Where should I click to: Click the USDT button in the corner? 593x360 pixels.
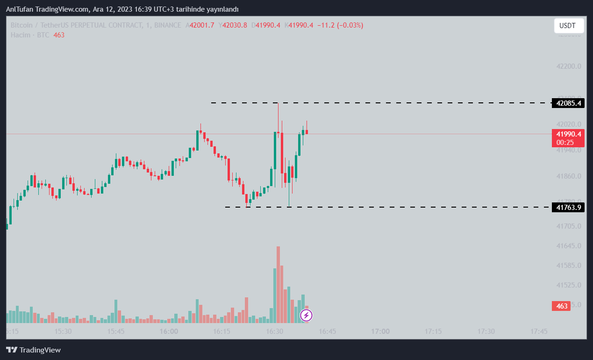click(x=569, y=26)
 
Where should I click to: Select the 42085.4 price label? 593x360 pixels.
click(x=568, y=103)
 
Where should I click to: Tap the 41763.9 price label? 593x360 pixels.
click(x=568, y=207)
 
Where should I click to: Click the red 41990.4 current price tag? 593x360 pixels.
click(x=568, y=134)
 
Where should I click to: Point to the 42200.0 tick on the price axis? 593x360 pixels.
click(x=569, y=66)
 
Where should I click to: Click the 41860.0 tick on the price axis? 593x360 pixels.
click(x=569, y=176)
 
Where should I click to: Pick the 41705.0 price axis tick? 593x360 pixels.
click(x=569, y=226)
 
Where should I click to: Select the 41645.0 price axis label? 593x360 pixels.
click(x=569, y=246)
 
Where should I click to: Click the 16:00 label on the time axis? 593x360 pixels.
click(x=169, y=331)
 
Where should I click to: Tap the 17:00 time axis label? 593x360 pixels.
click(x=380, y=331)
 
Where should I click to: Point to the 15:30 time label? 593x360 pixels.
click(x=63, y=331)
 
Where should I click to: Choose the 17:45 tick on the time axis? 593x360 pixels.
click(x=539, y=331)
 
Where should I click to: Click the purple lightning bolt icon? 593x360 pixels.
click(x=306, y=316)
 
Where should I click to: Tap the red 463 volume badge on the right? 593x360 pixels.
click(x=562, y=306)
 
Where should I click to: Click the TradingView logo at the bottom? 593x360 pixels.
click(x=33, y=350)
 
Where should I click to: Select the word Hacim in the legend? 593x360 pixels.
click(x=21, y=35)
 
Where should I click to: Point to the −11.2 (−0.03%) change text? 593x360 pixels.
click(x=340, y=25)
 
